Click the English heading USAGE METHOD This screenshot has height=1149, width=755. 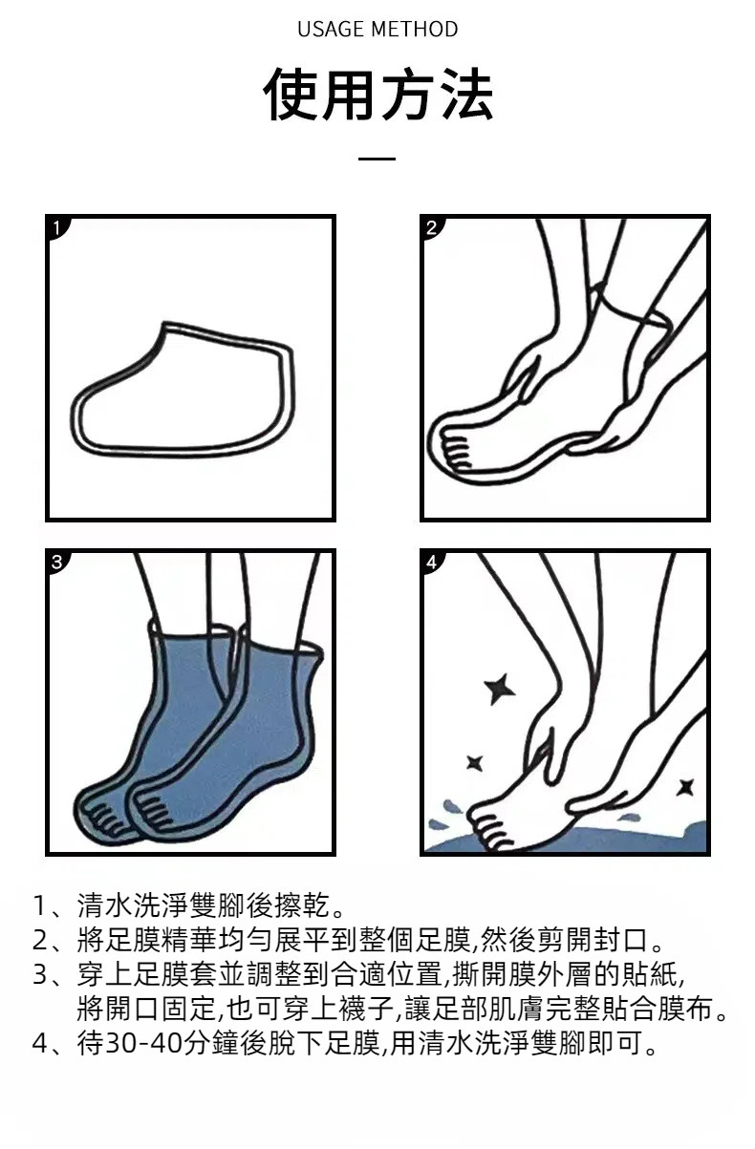click(377, 30)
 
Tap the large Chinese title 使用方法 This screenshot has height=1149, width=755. click(378, 95)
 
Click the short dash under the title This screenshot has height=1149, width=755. click(377, 159)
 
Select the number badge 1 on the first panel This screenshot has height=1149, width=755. click(57, 227)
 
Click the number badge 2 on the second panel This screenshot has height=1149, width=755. click(432, 227)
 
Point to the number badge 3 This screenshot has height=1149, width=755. click(57, 562)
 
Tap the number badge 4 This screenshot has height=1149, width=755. click(432, 562)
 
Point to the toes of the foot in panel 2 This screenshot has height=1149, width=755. click(457, 453)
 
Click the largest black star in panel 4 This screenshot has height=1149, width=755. click(499, 689)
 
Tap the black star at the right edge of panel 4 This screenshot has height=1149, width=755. click(685, 787)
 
